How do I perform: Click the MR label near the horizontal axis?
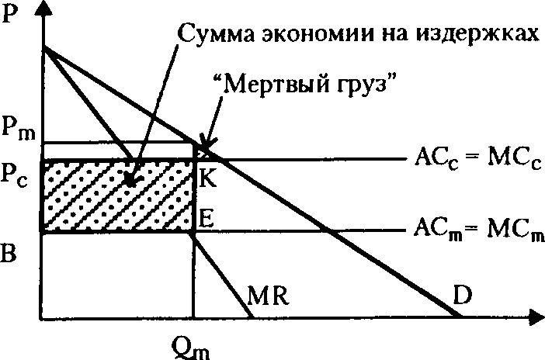[266, 296]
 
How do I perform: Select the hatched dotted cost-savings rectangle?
[116, 196]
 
